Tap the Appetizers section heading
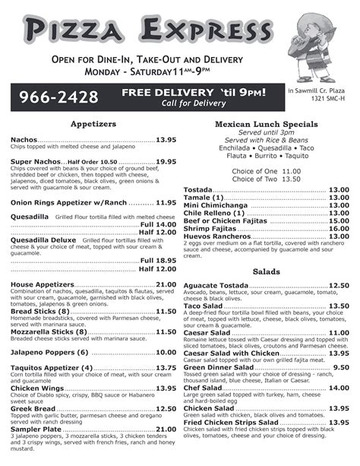tap(93, 123)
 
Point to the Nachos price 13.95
tap(166, 141)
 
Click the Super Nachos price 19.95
tap(166, 162)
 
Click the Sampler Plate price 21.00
tap(166, 429)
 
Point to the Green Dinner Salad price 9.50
tap(341, 367)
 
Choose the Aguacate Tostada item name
tap(216, 285)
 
